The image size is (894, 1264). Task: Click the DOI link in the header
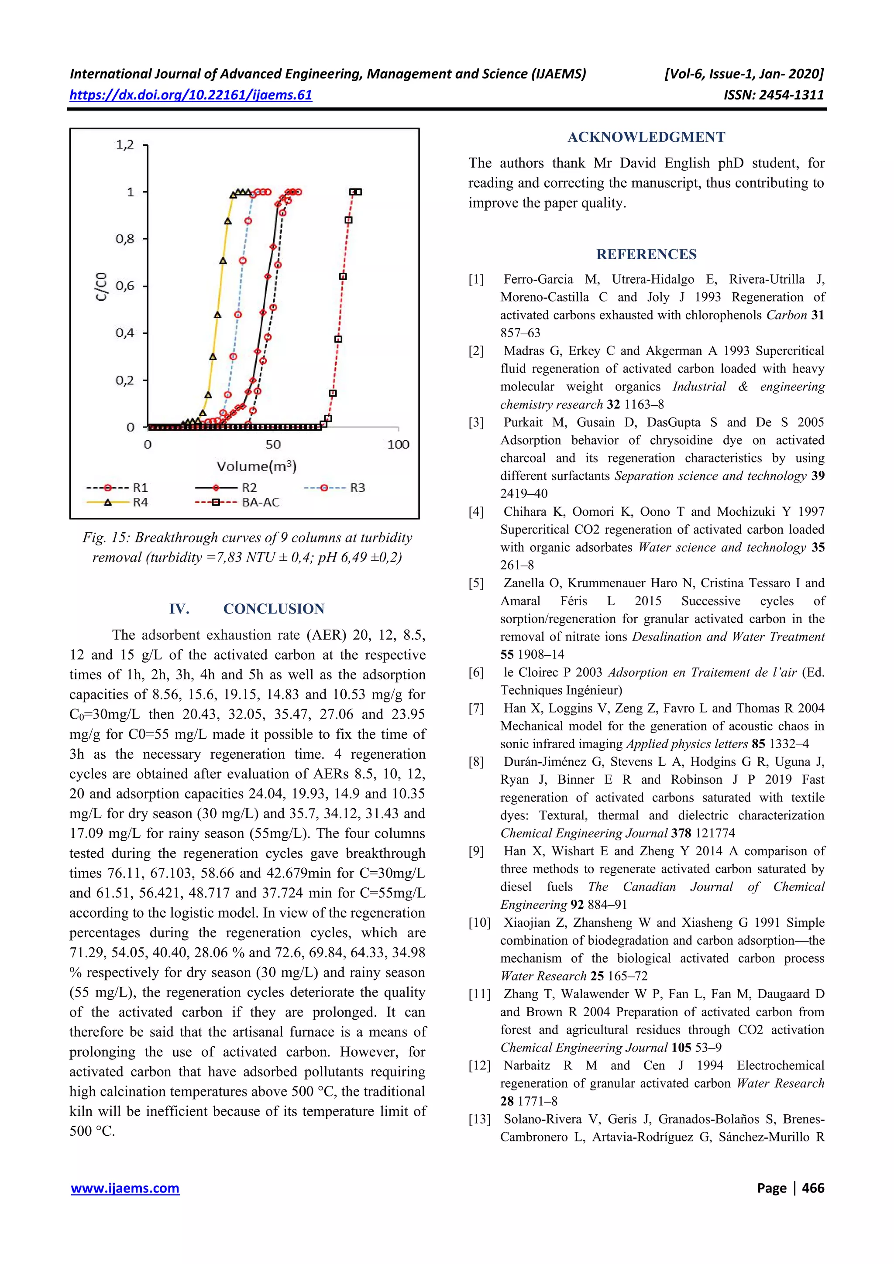coord(191,95)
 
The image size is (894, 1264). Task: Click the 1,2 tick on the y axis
coord(124,145)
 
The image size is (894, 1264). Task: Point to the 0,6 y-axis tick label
coord(124,286)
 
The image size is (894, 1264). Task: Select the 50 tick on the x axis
coord(273,444)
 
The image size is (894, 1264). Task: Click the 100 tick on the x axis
coord(398,444)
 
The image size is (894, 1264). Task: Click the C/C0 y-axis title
coord(101,286)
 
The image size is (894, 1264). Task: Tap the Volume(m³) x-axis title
coord(257,466)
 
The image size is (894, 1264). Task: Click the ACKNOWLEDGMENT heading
coord(646,137)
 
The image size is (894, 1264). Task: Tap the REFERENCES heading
coord(646,254)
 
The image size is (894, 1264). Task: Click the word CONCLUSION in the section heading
coord(274,609)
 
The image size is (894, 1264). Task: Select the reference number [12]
coord(479,1065)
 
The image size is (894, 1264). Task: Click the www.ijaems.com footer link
coord(125,1188)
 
